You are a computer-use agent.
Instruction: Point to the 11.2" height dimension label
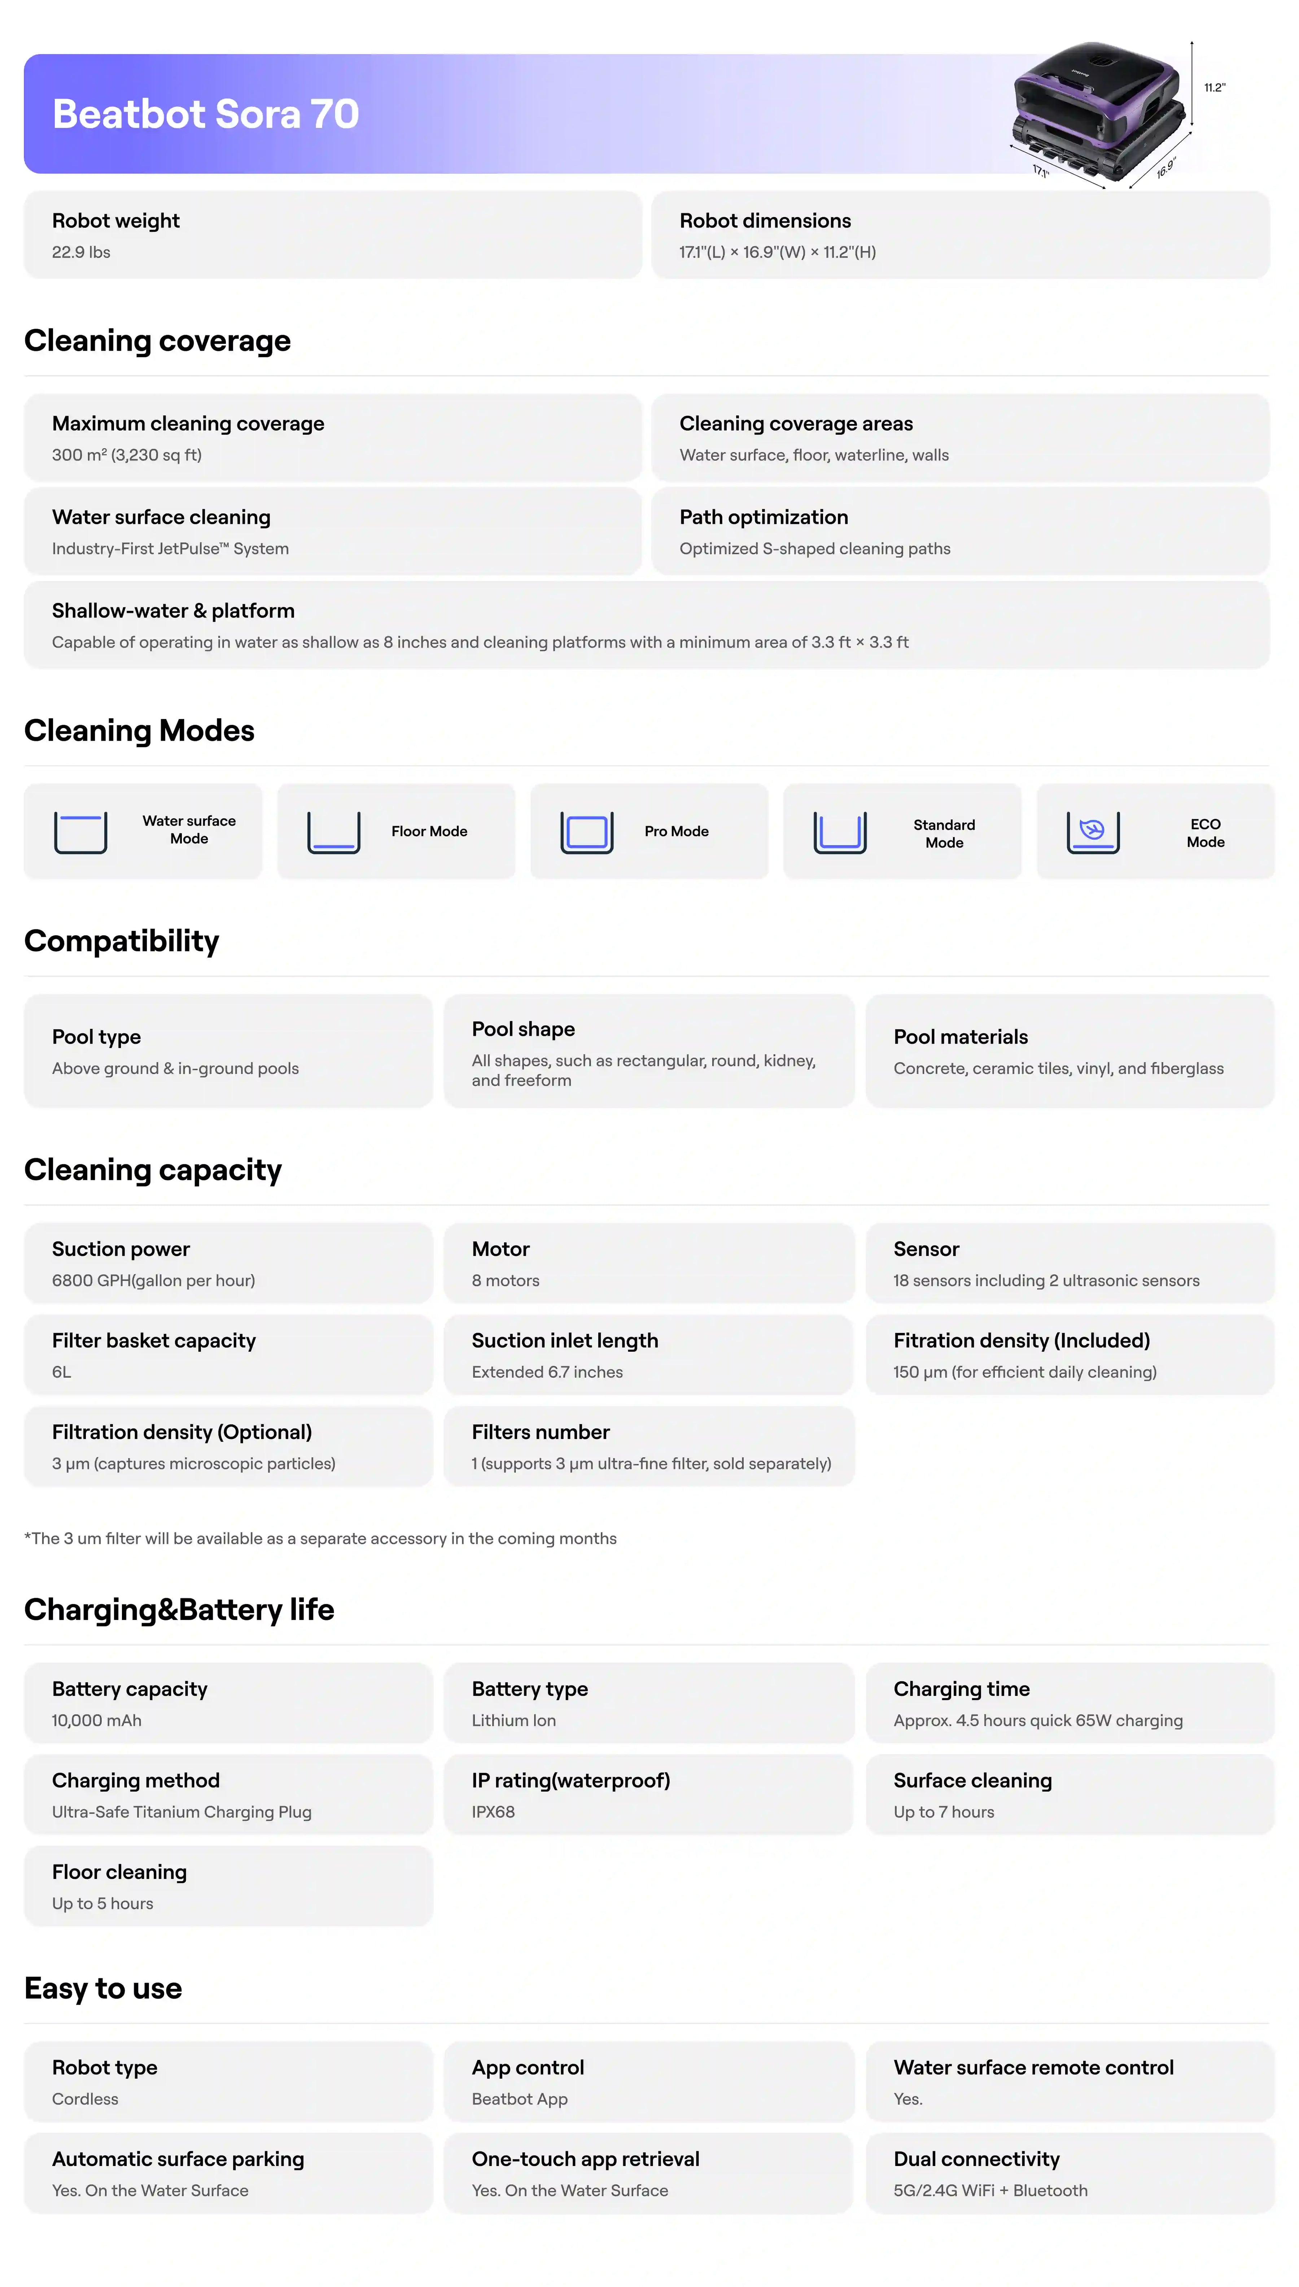pyautogui.click(x=1214, y=87)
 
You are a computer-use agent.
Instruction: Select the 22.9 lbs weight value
pyautogui.click(x=81, y=253)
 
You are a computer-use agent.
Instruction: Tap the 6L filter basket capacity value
pyautogui.click(x=62, y=1372)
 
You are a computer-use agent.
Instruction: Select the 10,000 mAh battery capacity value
pyautogui.click(x=96, y=1720)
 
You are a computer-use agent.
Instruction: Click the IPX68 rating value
pyautogui.click(x=493, y=1812)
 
